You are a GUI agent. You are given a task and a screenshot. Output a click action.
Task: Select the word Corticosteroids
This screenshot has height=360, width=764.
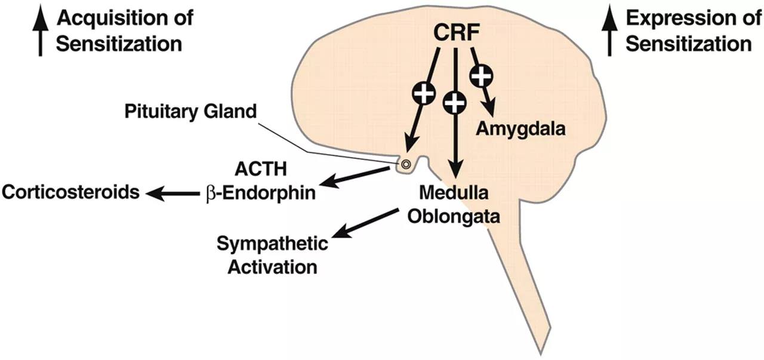pos(70,193)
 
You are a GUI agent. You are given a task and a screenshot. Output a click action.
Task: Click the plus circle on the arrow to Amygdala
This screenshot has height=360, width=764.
pos(482,76)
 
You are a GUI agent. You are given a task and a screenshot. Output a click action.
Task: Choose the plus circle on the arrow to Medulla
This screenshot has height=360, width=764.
pos(455,104)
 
